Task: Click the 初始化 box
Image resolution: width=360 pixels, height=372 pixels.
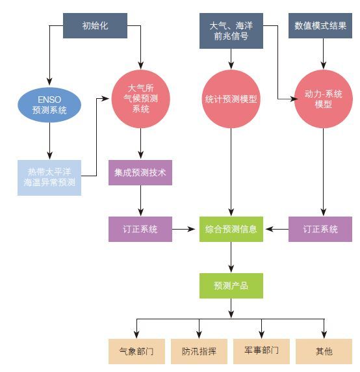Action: coord(95,25)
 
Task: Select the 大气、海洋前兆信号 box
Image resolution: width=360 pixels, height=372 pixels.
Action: coord(231,31)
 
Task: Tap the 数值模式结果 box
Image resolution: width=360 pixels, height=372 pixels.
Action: coord(320,25)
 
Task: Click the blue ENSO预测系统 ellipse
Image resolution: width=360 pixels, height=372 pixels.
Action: coord(49,105)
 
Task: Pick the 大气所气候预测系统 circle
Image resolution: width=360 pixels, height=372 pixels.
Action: coord(141,99)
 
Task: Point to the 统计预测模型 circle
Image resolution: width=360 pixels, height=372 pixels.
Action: coord(231,99)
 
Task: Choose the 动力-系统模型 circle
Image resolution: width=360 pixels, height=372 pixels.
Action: coord(324,99)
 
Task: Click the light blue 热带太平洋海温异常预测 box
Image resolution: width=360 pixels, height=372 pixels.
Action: coord(49,178)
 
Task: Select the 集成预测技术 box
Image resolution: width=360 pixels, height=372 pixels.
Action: coord(140,172)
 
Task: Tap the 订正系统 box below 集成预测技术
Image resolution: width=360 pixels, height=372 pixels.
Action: coord(140,229)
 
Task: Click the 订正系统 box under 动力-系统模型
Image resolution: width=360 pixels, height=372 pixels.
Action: coord(320,229)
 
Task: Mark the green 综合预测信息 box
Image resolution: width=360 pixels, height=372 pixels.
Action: coord(231,229)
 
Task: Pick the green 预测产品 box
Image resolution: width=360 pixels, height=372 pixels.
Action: coord(231,286)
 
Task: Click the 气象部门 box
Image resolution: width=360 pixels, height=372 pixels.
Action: coord(136,351)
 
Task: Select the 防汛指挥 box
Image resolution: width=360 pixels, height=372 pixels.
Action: coord(199,351)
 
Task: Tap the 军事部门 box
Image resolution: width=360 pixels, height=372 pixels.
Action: coord(261,351)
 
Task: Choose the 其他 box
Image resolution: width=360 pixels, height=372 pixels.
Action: coord(324,351)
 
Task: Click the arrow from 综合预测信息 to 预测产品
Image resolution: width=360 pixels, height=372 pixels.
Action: coord(231,257)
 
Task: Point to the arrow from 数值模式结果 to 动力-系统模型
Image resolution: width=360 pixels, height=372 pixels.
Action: coord(324,53)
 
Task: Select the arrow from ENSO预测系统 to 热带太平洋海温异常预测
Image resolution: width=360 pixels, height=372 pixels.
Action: coord(49,141)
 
